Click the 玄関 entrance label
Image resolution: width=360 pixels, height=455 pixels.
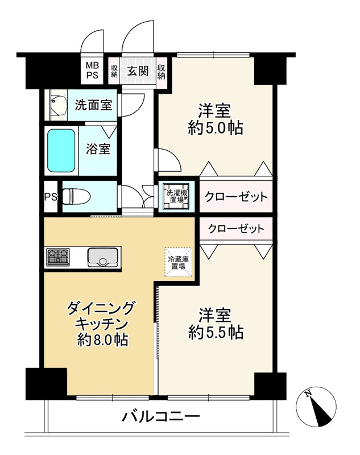(138, 71)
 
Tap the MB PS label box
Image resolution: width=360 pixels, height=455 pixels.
(92, 71)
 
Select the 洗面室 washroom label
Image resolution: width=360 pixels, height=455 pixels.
(93, 105)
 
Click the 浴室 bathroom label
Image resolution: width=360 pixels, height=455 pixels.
(98, 149)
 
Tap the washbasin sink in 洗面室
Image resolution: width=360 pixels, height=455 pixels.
(57, 105)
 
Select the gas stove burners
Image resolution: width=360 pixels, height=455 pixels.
(57, 257)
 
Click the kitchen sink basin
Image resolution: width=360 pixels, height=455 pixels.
(102, 258)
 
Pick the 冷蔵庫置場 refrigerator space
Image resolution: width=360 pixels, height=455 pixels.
(178, 263)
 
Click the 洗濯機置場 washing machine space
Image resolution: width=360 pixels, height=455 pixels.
(175, 196)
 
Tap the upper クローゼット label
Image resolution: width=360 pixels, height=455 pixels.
(235, 197)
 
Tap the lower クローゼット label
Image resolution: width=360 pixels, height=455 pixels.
(235, 229)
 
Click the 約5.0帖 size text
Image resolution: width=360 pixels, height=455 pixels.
(216, 128)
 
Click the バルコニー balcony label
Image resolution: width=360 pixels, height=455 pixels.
(161, 416)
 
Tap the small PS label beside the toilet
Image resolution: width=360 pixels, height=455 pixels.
(51, 197)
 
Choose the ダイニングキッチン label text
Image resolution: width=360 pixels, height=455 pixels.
(102, 316)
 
